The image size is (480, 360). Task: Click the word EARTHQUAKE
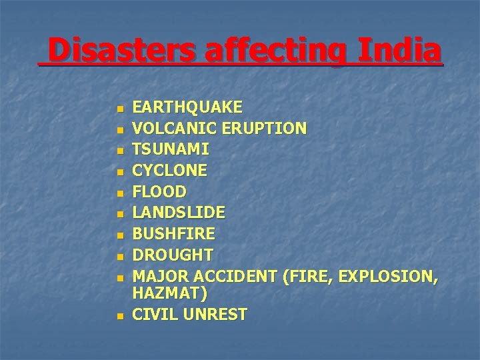188,107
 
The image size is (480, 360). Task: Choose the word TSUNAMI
171,149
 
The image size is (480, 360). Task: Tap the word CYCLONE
170,171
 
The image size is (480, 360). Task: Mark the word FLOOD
160,192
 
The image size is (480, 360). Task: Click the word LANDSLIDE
179,213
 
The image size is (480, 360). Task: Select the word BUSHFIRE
174,235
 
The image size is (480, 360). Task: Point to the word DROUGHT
173,255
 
